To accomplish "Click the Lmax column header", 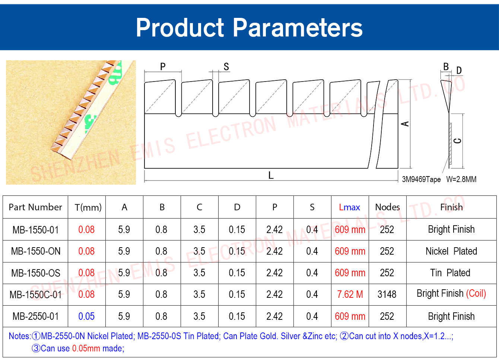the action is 349,207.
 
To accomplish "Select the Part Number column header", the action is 35,207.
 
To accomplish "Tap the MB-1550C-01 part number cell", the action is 35,294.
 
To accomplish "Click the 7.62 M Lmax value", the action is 350,294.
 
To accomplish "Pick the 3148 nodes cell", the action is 387,294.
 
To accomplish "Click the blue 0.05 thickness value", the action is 86,316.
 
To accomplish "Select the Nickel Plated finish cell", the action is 451,251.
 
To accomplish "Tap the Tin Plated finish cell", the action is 450,273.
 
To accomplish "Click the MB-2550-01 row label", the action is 35,316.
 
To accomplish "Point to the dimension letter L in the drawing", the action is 271,175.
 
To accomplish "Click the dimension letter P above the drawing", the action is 163,66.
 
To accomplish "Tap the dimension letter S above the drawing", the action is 226,67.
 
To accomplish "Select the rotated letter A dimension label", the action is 405,124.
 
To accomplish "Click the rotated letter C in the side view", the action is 457,141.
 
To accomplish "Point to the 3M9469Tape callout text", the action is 421,179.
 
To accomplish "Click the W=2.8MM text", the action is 461,179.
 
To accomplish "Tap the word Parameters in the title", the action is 298,28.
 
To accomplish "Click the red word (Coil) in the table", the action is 476,294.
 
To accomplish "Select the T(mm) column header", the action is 88,208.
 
